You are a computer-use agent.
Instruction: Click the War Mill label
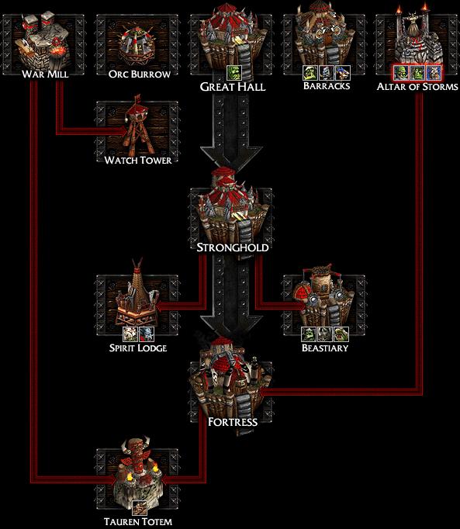(45, 74)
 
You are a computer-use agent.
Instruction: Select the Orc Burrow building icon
(138, 44)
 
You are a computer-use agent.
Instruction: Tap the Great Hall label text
(233, 87)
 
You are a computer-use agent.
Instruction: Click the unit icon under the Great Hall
(234, 73)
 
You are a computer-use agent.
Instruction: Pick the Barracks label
(327, 85)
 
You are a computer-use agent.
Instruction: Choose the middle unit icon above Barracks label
(327, 73)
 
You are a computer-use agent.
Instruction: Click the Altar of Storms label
(417, 87)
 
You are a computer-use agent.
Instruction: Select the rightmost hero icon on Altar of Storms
(434, 73)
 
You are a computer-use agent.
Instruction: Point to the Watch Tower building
(138, 126)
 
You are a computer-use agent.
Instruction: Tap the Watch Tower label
(138, 161)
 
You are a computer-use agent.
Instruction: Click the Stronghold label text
(233, 247)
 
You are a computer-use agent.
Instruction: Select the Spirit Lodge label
(138, 347)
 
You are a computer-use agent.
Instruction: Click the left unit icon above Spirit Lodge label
(130, 334)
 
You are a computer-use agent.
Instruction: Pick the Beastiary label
(325, 347)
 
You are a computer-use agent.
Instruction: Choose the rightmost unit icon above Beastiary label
(341, 334)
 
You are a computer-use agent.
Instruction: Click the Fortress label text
(233, 422)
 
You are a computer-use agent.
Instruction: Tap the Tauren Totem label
(138, 521)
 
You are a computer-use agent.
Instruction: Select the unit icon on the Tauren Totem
(138, 508)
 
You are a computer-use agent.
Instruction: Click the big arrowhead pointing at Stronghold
(231, 158)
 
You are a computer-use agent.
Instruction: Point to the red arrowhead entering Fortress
(263, 392)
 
